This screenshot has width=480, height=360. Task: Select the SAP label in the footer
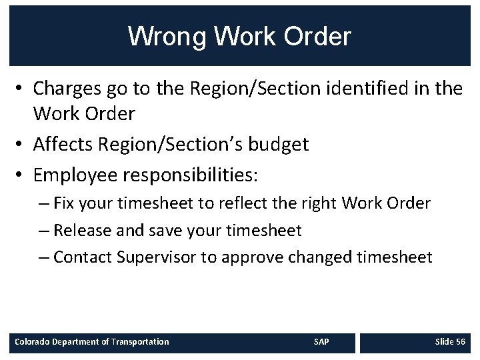pyautogui.click(x=321, y=341)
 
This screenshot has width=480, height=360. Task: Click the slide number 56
pyautogui.click(x=460, y=341)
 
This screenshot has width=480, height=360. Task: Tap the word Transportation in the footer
pyautogui.click(x=140, y=341)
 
